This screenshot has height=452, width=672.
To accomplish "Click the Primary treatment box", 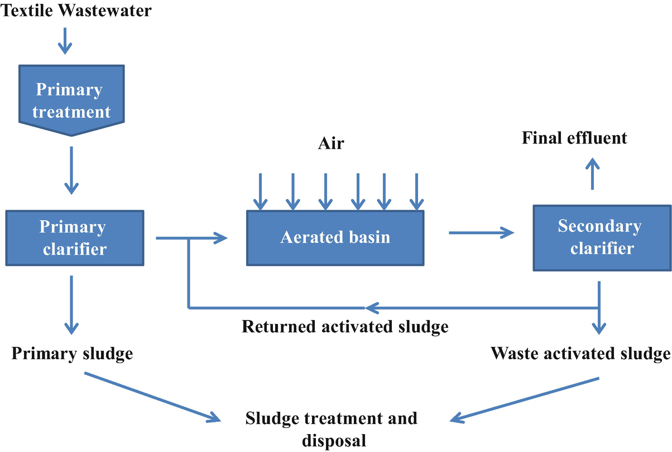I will coord(71,99).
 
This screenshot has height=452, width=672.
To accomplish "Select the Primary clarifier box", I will coord(74,237).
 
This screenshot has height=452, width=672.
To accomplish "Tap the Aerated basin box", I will coord(335,237).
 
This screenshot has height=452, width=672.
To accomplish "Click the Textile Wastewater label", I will coord(76,11).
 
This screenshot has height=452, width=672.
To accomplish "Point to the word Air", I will coord(331,144).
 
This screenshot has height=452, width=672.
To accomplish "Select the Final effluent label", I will coord(574,138).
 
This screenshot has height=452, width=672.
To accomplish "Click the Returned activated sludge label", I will coord(345,326).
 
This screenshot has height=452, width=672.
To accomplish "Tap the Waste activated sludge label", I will coord(580,354).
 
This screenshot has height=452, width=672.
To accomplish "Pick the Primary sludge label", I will coord(72,354).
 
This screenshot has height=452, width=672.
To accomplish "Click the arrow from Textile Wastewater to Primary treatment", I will coord(65,41).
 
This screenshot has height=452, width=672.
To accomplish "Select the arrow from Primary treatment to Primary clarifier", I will coord(71,170).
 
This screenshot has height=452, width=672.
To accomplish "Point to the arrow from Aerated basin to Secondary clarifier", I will coord(481,232).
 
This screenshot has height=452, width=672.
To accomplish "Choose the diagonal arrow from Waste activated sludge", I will coord(524,399).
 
